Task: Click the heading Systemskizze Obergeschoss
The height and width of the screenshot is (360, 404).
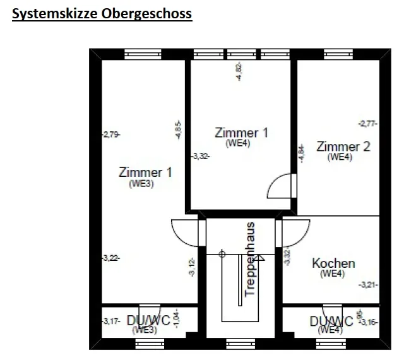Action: coord(102,13)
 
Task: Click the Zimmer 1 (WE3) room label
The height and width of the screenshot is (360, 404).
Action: coord(145,177)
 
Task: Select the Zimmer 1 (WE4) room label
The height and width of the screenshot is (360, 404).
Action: coord(241,137)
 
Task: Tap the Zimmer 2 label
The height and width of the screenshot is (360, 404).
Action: coord(343,151)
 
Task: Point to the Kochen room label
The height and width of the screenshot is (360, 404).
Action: coord(333,267)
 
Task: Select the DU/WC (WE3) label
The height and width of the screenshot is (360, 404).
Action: coord(148,323)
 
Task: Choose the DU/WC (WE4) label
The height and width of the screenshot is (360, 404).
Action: coord(331,325)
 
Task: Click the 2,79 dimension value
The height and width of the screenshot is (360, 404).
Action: coord(110,134)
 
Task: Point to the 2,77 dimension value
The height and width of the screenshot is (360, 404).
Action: coord(367,124)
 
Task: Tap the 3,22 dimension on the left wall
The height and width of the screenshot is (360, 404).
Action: coord(110,258)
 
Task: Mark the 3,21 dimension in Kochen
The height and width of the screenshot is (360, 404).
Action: coord(368,285)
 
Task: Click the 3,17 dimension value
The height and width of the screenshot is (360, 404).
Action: coord(110,321)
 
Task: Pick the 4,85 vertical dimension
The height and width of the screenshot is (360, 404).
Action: coord(179,130)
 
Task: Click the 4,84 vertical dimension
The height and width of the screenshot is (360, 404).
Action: coord(301,153)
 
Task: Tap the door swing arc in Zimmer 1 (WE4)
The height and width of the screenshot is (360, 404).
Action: coord(279,187)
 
